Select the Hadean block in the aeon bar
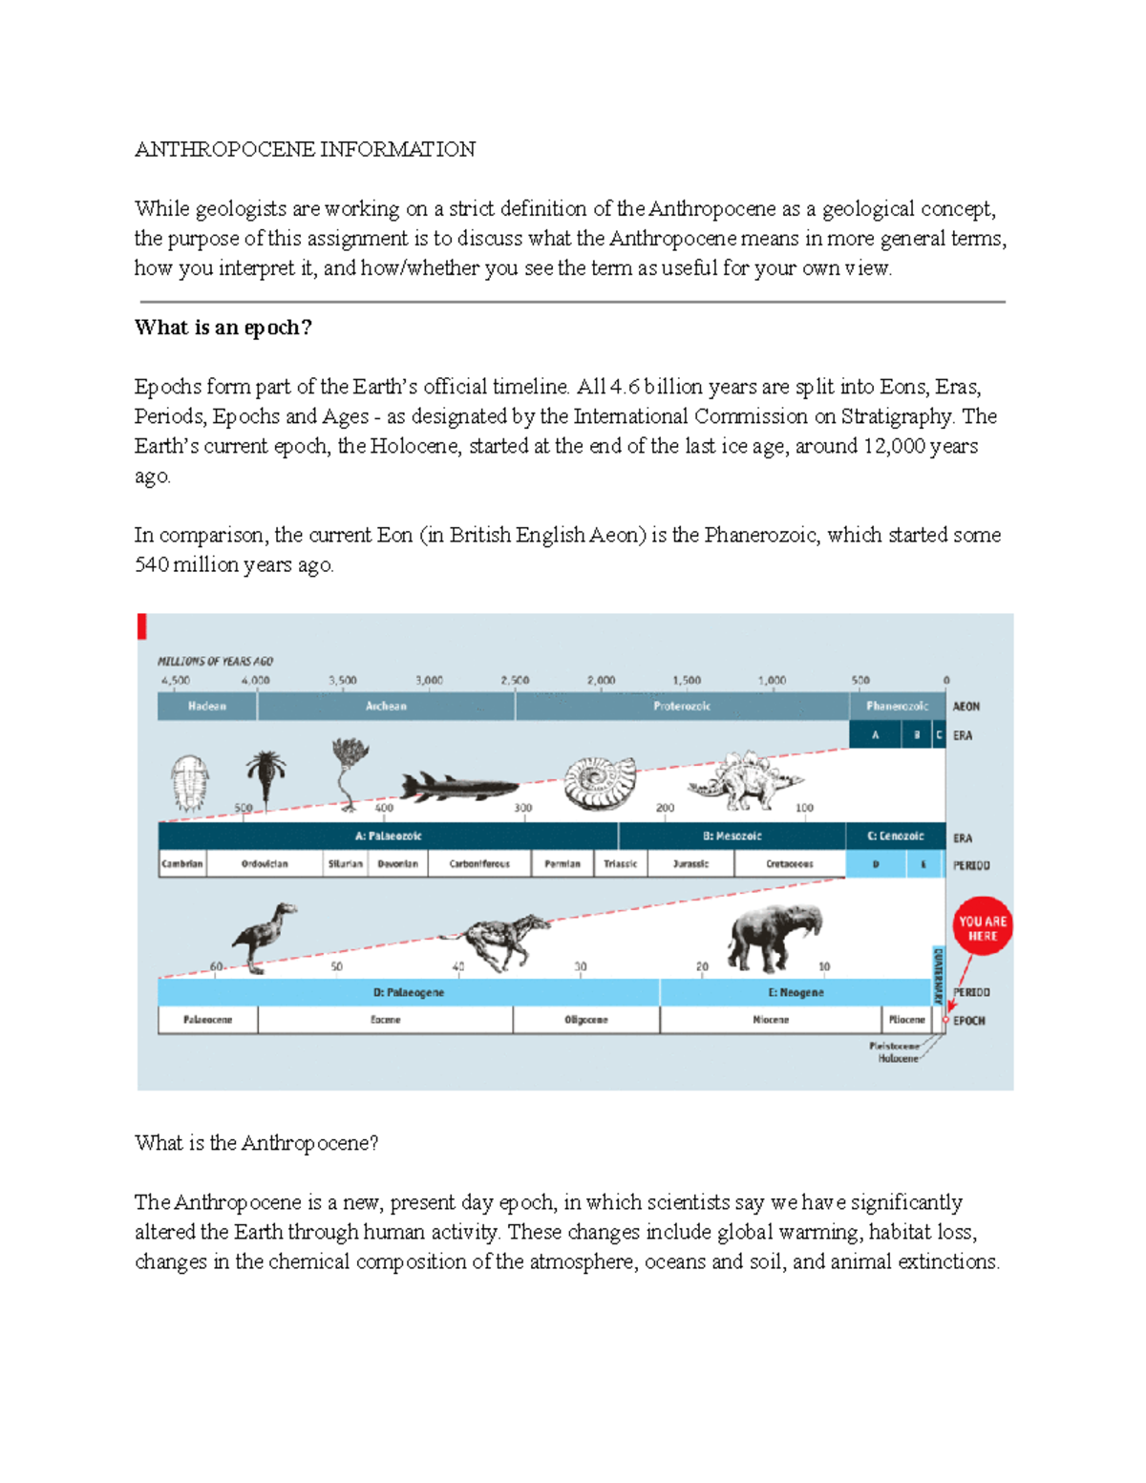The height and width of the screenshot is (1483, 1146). coord(207,707)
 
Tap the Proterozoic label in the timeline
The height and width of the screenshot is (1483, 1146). coord(682,707)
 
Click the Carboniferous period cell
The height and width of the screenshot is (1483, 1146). coord(479,864)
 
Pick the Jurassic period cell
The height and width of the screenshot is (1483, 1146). coord(691,864)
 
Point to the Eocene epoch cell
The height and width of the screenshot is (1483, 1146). coord(386,1020)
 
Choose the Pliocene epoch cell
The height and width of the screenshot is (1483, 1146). coord(906,1020)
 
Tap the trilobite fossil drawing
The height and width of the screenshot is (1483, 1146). coord(189,783)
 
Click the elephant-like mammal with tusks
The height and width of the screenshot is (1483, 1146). coord(774,936)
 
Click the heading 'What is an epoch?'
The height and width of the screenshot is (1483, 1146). coord(223,328)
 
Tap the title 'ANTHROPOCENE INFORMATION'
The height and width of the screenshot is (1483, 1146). coord(305,150)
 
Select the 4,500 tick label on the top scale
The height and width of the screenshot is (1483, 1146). coord(176,681)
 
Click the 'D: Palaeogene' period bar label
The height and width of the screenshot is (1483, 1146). coord(409,993)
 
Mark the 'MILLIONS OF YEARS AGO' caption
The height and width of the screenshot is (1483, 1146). coord(215,661)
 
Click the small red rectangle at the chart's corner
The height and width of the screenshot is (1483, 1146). coord(142,626)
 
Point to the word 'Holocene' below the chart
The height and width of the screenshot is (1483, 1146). coord(898,1059)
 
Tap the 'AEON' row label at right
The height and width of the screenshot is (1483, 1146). coord(966,707)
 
